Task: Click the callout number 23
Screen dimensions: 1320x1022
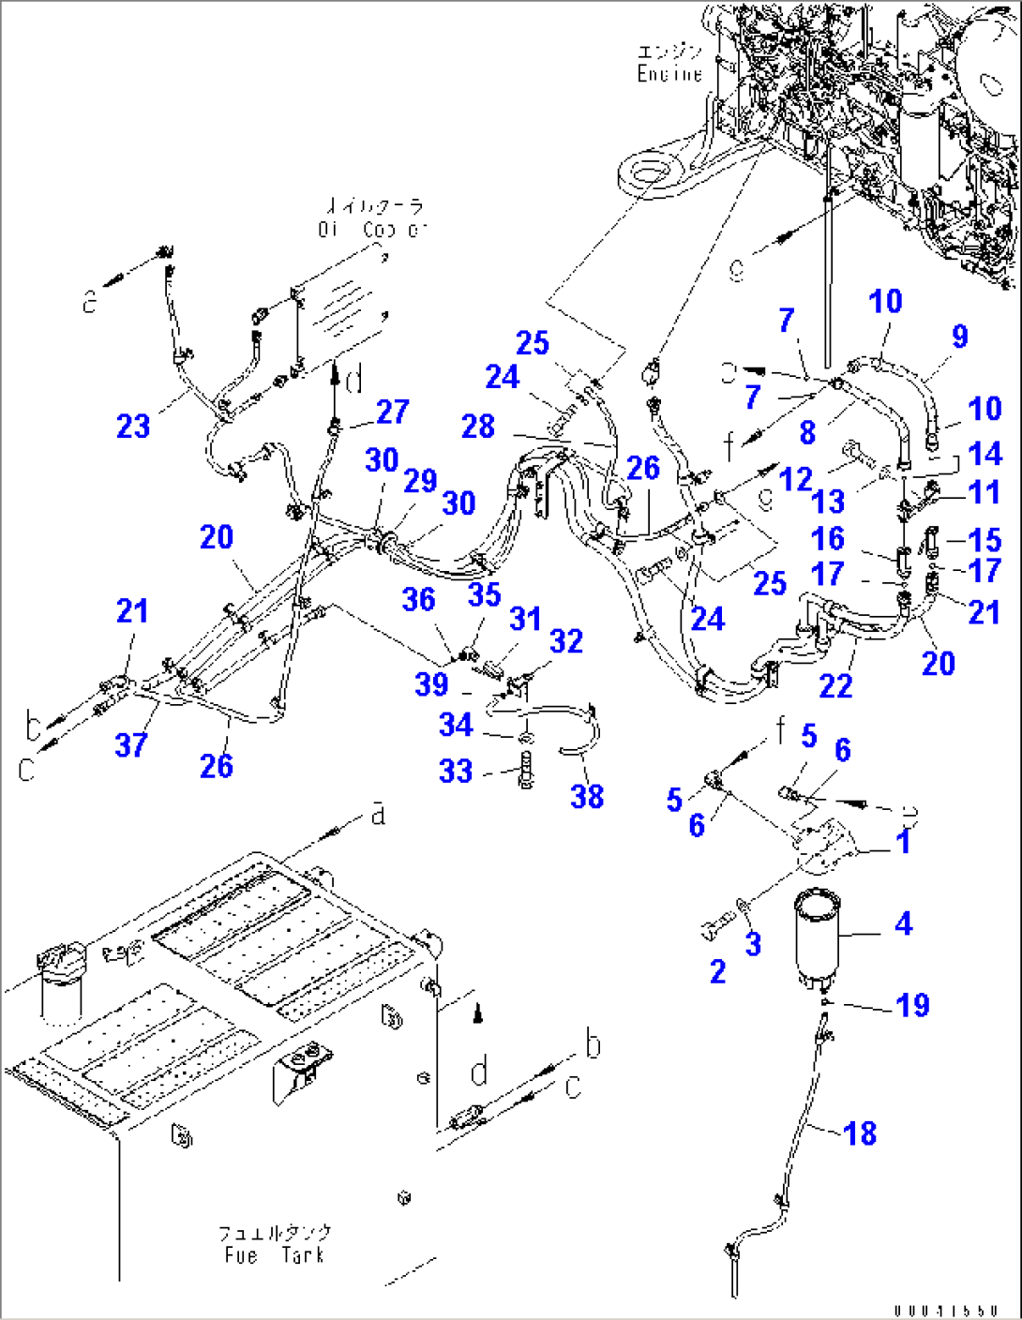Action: pos(133,427)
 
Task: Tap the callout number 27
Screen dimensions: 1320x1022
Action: pos(393,412)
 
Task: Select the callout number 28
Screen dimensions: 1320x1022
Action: pos(478,427)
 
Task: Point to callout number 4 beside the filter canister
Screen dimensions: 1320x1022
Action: pos(903,923)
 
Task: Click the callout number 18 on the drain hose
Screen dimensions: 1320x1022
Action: pos(860,1132)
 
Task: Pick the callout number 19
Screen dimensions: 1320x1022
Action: pos(912,1005)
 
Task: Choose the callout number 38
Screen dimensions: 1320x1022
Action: pos(587,796)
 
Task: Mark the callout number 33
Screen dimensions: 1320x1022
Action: pos(456,771)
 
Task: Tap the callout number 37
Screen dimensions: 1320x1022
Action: pos(131,745)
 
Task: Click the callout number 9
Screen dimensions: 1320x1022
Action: pos(959,337)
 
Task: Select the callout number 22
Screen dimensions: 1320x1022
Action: pos(835,685)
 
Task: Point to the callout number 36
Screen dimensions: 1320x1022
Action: pos(418,599)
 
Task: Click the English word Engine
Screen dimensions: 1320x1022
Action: pos(669,74)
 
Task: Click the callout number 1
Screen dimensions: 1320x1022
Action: pos(903,841)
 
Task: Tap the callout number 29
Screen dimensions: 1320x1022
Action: pos(420,480)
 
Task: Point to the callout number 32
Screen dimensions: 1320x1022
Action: pos(566,641)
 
